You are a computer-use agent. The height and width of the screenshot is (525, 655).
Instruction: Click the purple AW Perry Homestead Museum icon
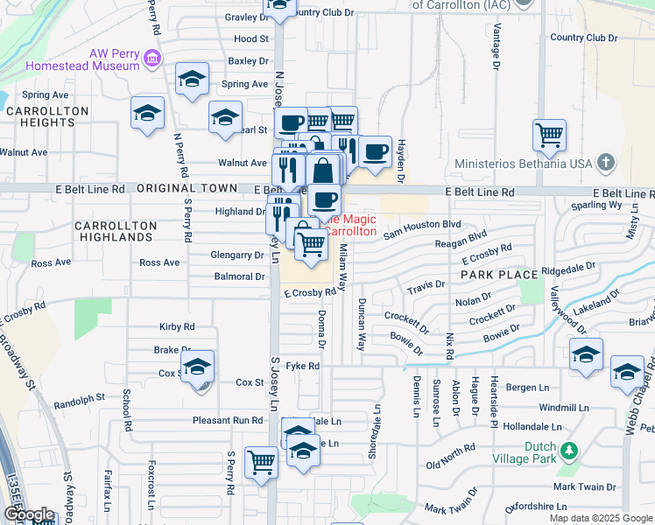[x=152, y=59]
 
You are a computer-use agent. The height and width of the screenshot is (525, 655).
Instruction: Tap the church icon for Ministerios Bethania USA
[x=605, y=162]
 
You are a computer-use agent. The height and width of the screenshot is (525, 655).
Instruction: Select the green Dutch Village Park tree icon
[x=570, y=451]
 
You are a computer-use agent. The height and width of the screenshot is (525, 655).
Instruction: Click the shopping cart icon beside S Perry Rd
[x=262, y=460]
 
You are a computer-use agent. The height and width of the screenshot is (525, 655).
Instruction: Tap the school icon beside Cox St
[x=198, y=366]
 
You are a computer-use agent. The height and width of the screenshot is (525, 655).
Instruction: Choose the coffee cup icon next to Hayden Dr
[x=375, y=151]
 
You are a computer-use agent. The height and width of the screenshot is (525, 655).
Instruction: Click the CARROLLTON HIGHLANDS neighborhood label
[x=114, y=231]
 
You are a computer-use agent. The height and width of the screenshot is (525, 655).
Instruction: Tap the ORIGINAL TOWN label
[x=187, y=188]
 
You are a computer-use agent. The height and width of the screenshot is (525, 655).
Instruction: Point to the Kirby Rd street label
[x=176, y=326]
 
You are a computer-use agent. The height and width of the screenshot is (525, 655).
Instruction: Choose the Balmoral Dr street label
[x=239, y=276]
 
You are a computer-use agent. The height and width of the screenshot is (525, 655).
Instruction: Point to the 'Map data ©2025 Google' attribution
[x=601, y=518]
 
